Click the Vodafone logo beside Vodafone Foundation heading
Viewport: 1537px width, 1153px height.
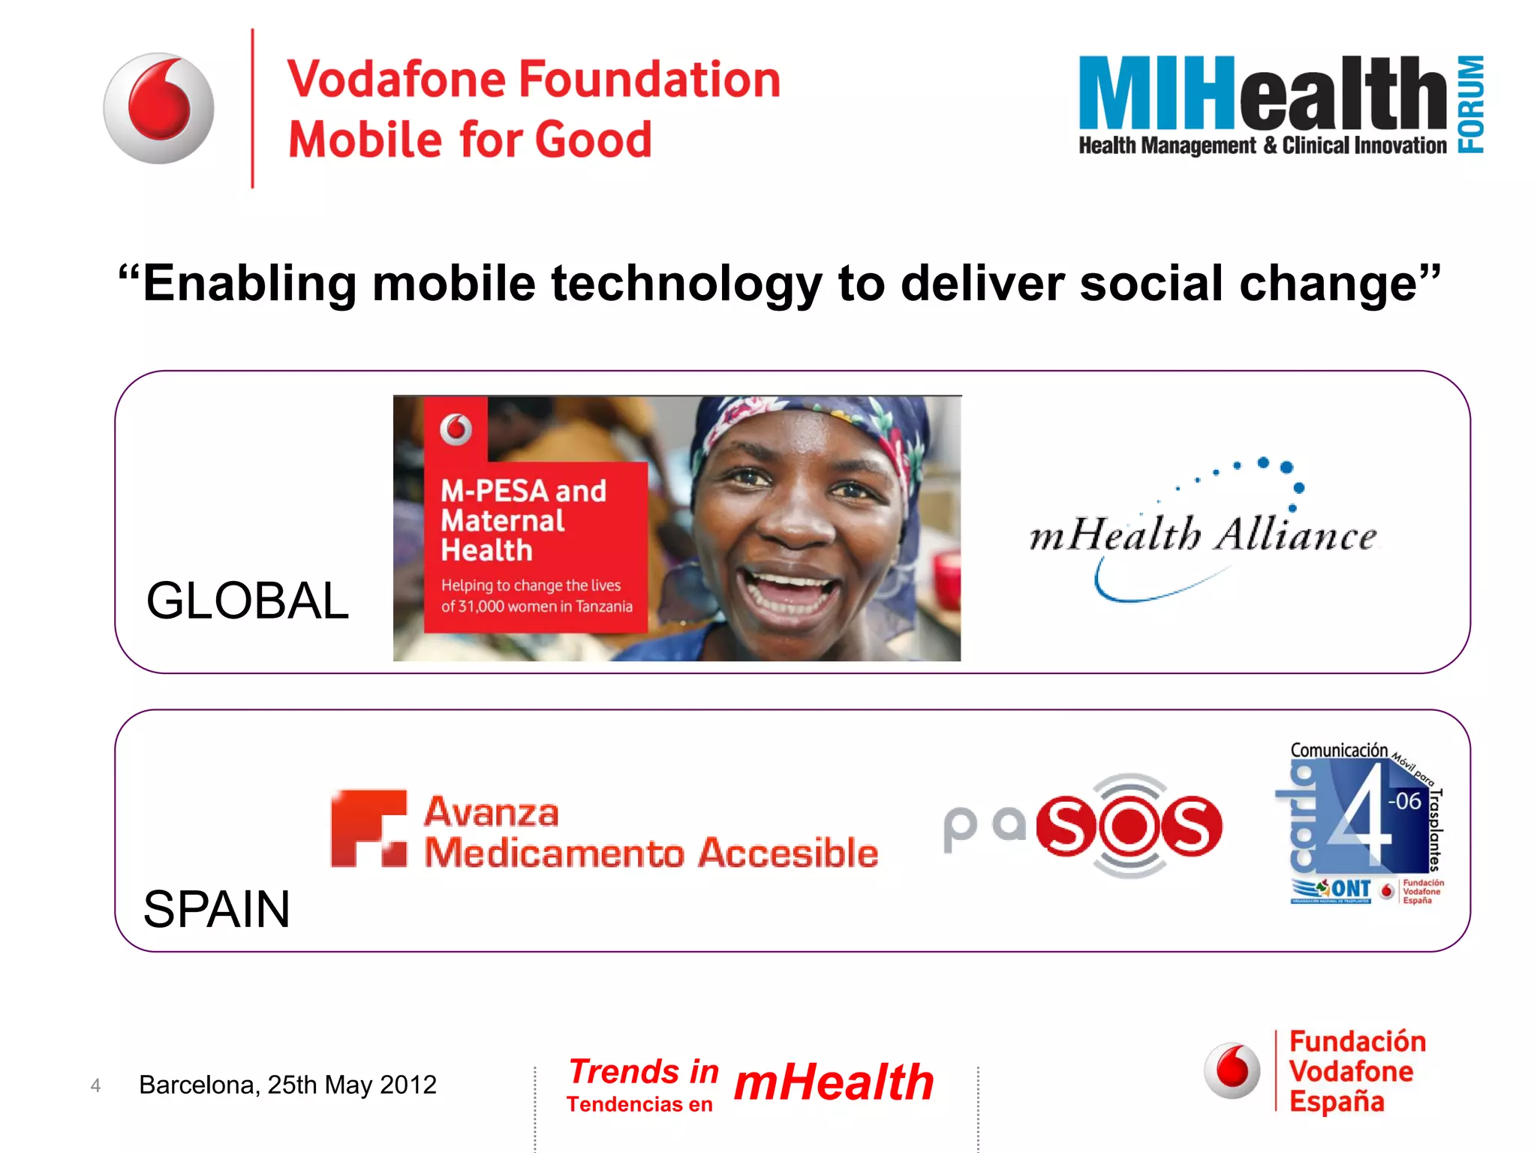[158, 108]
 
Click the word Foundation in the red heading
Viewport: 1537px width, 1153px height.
[650, 80]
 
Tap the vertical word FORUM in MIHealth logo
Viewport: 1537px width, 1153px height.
[1471, 104]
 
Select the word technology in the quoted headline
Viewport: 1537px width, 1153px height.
[686, 284]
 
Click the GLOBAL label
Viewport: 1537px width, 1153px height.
[248, 601]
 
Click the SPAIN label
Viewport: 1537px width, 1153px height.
[216, 909]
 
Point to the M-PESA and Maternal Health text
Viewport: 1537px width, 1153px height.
[523, 520]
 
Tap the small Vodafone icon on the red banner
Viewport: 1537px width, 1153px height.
[456, 429]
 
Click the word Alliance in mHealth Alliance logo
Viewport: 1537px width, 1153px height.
[1296, 535]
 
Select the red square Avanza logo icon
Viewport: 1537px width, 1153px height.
[368, 829]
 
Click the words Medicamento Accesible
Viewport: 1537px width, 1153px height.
[651, 853]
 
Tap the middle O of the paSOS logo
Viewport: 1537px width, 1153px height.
[1129, 826]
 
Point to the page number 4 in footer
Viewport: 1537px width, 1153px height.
[95, 1085]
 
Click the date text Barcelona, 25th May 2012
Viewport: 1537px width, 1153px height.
[287, 1085]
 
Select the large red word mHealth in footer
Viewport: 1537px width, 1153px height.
[833, 1082]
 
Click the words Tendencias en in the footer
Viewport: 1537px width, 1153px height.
[639, 1104]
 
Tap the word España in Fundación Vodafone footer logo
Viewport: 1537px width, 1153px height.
[1337, 1102]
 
